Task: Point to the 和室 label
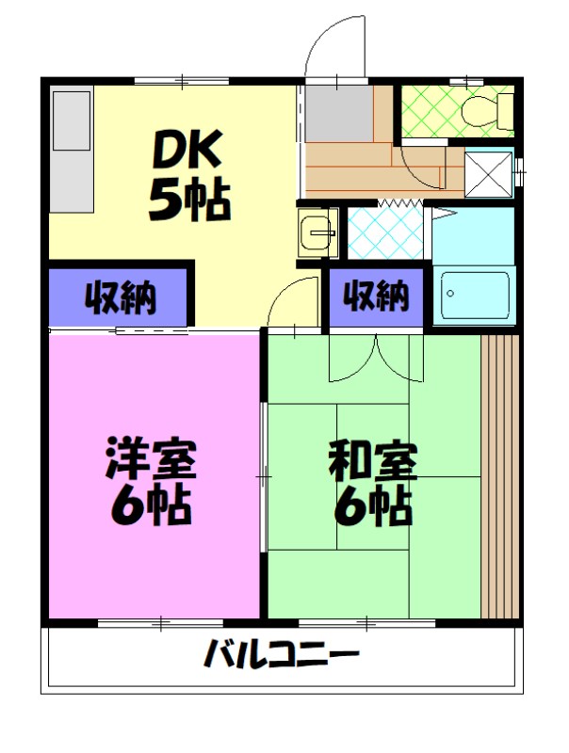(x=373, y=461)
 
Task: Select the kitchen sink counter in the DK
(x=72, y=151)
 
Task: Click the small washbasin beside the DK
(x=317, y=232)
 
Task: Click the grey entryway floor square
(x=338, y=112)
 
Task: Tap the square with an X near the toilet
(x=489, y=172)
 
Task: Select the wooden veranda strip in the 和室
(x=499, y=475)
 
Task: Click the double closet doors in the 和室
(x=375, y=358)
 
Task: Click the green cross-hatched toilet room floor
(x=429, y=112)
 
